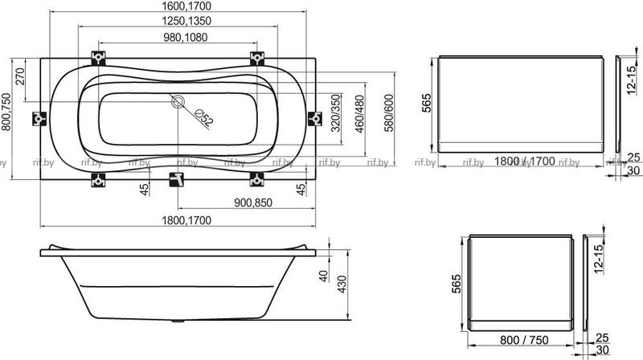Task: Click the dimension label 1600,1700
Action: pyautogui.click(x=186, y=6)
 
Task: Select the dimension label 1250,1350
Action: pyautogui.click(x=186, y=21)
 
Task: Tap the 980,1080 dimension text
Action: pyautogui.click(x=186, y=37)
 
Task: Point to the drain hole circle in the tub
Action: pyautogui.click(x=178, y=102)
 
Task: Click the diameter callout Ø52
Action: pyautogui.click(x=204, y=118)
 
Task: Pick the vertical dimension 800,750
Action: pyautogui.click(x=6, y=112)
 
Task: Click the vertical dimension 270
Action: pyautogui.click(x=20, y=76)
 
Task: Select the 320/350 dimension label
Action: pyautogui.click(x=336, y=113)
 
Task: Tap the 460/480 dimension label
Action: pyautogui.click(x=359, y=114)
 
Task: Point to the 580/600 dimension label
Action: pyautogui.click(x=389, y=113)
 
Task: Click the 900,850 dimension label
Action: pyautogui.click(x=253, y=202)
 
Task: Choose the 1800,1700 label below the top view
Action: pyautogui.click(x=186, y=220)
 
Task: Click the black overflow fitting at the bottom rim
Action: pyautogui.click(x=177, y=179)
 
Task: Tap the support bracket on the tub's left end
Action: pyautogui.click(x=39, y=118)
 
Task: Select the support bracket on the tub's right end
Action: pyautogui.click(x=315, y=118)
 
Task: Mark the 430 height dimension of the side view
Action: pyautogui.click(x=342, y=284)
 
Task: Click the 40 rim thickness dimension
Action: pyautogui.click(x=324, y=276)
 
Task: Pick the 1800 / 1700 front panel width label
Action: pyautogui.click(x=525, y=162)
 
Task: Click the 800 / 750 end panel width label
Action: pyautogui.click(x=524, y=340)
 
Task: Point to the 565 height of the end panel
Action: pyautogui.click(x=456, y=284)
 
